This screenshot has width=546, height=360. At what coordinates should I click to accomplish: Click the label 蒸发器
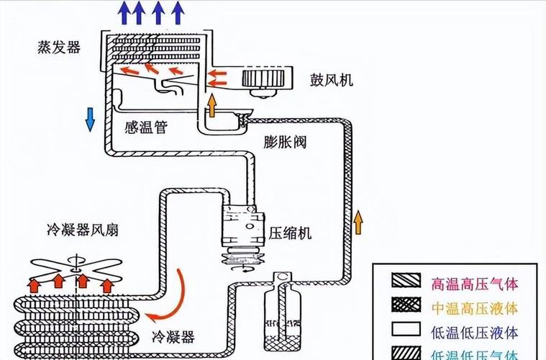point(59,48)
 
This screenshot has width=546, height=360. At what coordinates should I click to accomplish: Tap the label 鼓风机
point(332,79)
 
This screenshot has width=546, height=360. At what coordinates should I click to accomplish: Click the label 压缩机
point(291,234)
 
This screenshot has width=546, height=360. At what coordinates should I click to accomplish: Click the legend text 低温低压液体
point(474,333)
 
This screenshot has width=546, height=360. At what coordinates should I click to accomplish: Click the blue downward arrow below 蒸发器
point(90,119)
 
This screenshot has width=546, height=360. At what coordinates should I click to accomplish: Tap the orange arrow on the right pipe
point(358,222)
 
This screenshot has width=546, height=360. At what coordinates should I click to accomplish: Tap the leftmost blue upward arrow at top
point(124,11)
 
